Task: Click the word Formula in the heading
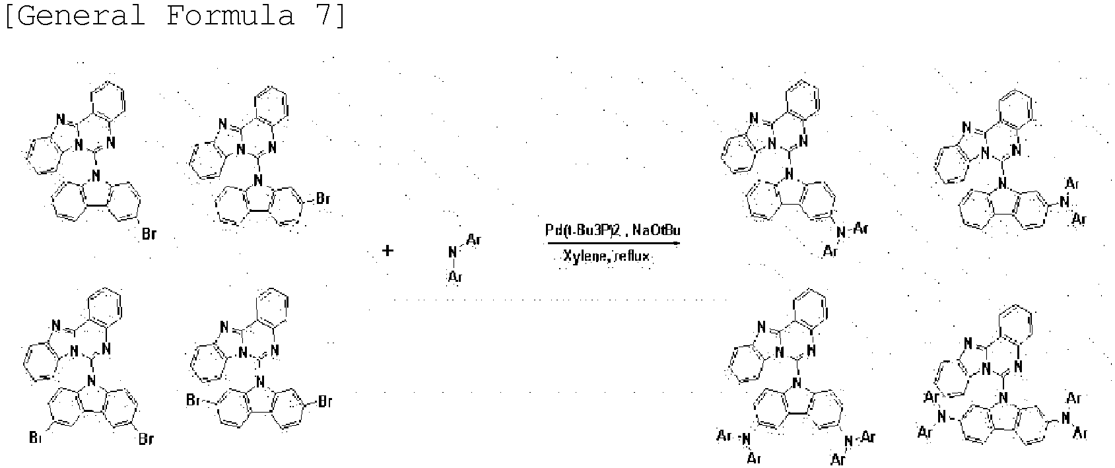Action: (x=230, y=15)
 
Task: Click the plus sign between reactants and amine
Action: (x=388, y=251)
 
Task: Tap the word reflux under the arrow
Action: (x=632, y=257)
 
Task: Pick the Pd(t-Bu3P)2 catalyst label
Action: (x=584, y=230)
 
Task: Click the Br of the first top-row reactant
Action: (x=149, y=234)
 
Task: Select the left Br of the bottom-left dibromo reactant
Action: (x=36, y=438)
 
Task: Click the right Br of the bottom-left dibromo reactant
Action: (x=146, y=438)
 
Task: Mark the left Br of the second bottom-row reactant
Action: (x=193, y=401)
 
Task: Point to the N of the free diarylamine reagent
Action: (x=453, y=251)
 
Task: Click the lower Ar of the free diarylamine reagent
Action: (x=455, y=277)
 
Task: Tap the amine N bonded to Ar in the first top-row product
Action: (x=840, y=232)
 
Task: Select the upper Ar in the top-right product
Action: (x=1072, y=182)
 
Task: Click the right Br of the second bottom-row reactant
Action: (x=325, y=401)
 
